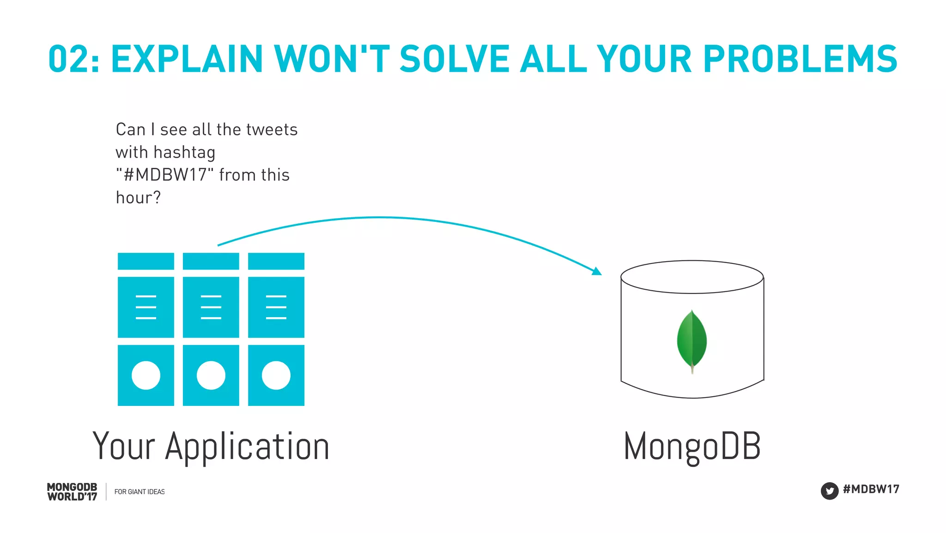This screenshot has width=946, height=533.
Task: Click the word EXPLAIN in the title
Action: [x=187, y=59]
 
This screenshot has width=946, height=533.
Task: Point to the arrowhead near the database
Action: [x=597, y=271]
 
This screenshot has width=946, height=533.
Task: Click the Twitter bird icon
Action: [x=829, y=491]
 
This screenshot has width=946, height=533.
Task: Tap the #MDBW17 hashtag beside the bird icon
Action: [x=871, y=489]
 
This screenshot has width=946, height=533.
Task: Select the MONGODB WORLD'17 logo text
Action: [x=72, y=492]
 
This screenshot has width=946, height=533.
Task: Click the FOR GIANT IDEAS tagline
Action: [x=139, y=492]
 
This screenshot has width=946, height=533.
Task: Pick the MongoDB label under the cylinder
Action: [x=692, y=447]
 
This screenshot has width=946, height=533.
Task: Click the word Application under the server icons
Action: [x=247, y=447]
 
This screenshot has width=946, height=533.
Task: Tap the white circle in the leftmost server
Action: [x=146, y=375]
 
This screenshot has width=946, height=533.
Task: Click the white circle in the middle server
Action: [x=211, y=375]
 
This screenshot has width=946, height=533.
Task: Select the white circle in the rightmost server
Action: [x=276, y=375]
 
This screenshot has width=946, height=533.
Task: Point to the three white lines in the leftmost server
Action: [x=146, y=307]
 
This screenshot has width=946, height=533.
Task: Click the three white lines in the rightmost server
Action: [x=276, y=307]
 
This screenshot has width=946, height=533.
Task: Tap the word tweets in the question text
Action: [x=272, y=130]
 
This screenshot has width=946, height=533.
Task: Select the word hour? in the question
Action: [x=138, y=198]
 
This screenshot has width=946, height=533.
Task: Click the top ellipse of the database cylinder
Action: [x=691, y=277]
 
